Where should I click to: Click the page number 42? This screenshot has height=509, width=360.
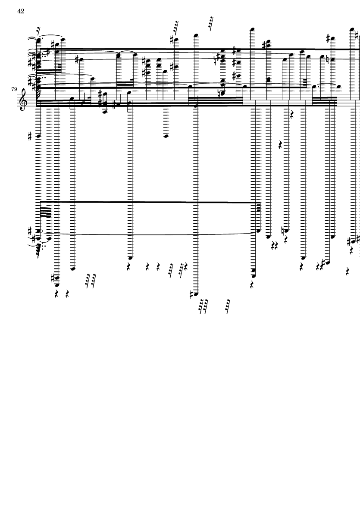tap(21, 11)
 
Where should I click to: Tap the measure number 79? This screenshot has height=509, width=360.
tap(14, 89)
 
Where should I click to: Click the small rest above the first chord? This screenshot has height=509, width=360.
tap(39, 31)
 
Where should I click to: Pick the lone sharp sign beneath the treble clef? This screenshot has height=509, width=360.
tap(30, 137)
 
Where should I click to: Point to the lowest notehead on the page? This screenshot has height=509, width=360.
tap(196, 295)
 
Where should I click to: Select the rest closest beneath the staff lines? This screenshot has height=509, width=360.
tap(291, 114)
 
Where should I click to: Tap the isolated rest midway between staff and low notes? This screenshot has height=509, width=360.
tap(281, 145)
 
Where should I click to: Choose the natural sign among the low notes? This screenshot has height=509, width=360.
tap(283, 231)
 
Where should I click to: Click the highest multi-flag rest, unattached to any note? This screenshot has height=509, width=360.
tap(211, 23)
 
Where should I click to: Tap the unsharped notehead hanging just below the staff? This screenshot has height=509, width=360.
tap(166, 136)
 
